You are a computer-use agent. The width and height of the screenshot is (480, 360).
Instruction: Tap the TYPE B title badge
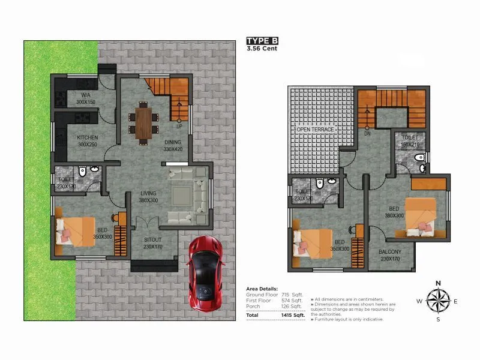pos(262,41)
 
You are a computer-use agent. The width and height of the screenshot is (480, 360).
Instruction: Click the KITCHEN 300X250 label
pos(88,140)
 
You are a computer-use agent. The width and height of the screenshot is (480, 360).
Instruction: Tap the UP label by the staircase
pos(179,127)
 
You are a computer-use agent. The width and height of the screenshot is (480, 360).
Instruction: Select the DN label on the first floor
pos(366,134)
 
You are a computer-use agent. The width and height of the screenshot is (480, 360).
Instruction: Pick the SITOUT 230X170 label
pos(152,243)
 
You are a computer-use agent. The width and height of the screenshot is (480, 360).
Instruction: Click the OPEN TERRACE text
pos(315,130)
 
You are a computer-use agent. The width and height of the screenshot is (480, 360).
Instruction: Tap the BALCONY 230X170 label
pos(390,256)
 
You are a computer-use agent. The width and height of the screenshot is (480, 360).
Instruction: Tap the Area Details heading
pos(262,289)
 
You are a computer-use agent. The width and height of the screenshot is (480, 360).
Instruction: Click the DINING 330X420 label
pos(176,146)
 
